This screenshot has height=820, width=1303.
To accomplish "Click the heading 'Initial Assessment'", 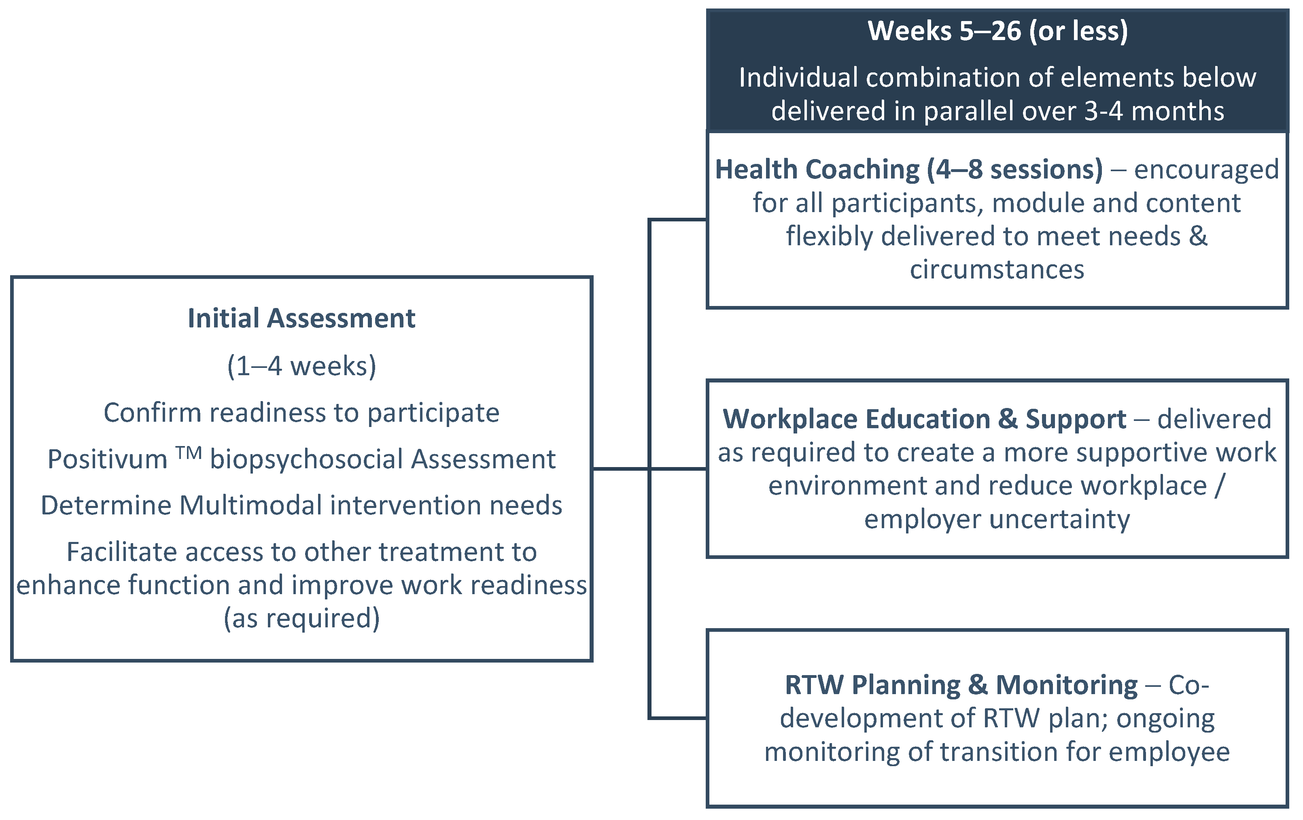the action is tap(301, 318).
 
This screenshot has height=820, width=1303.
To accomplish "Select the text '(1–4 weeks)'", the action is tap(301, 366).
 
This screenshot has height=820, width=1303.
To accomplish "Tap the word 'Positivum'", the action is tap(107, 459).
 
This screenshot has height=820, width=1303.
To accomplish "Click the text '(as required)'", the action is tap(301, 619).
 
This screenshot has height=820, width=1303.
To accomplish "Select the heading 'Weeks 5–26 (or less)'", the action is tap(998, 31).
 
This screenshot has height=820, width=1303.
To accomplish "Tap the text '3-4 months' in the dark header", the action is tap(1154, 111).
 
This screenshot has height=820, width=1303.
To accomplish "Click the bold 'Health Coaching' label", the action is tap(817, 170).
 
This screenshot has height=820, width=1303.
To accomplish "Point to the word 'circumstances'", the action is tap(997, 270).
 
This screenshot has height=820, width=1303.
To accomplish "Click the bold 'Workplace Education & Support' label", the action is tap(924, 419).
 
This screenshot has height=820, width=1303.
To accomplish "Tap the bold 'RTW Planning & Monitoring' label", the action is tap(961, 685).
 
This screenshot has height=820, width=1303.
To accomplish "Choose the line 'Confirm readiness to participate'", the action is tap(301, 413).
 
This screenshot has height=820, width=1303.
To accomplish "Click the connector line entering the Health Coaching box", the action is tap(678, 220).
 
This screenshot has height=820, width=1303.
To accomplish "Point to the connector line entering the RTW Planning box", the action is tap(678, 718).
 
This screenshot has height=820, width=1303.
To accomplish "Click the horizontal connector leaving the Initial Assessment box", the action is tap(621, 469).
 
